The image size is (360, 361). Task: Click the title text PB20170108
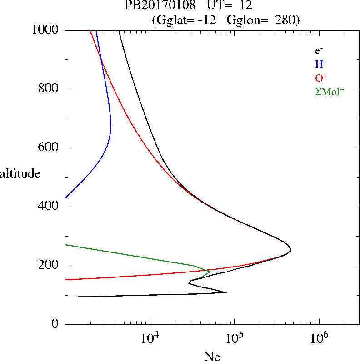pyautogui.click(x=157, y=6)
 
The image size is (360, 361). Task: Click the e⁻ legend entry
pyautogui.click(x=319, y=51)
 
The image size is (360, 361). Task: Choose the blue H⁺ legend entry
pyautogui.click(x=321, y=64)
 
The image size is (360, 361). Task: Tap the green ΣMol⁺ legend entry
pyautogui.click(x=330, y=91)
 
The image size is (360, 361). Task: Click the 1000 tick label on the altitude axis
pyautogui.click(x=46, y=30)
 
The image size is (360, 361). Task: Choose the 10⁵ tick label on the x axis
pyautogui.click(x=234, y=338)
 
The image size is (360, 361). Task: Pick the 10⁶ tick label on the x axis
pyautogui.click(x=319, y=338)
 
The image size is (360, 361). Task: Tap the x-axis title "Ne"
pyautogui.click(x=212, y=356)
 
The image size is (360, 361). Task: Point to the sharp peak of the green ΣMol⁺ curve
pyautogui.click(x=210, y=272)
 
